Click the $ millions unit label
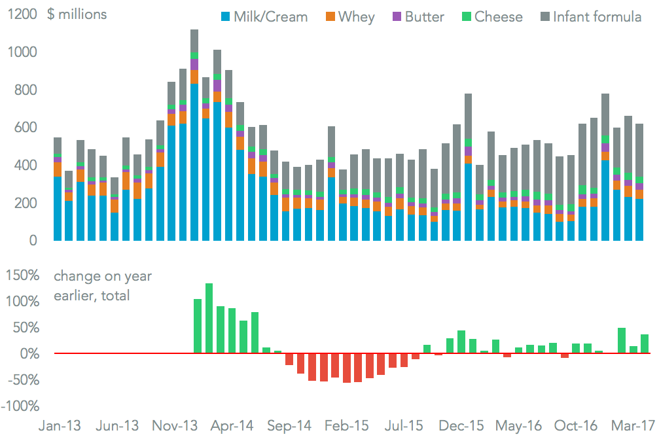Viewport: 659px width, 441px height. point(77,14)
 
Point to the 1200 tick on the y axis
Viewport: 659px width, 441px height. point(22,14)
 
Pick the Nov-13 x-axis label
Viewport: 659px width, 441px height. point(176,426)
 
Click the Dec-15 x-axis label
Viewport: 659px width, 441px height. point(461,426)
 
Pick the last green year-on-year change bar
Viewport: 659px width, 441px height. point(645,344)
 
